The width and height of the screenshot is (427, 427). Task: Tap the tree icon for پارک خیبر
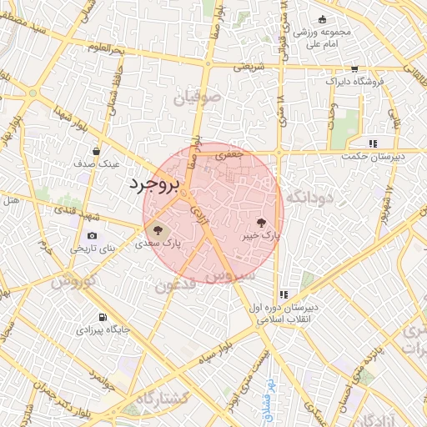click(x=262, y=223)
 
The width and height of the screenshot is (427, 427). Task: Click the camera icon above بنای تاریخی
click(x=92, y=236)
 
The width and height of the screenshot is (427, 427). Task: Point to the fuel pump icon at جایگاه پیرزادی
click(x=103, y=317)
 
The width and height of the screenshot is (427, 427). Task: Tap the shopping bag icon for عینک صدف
click(x=98, y=152)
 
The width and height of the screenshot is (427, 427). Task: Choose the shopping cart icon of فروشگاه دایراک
click(x=355, y=69)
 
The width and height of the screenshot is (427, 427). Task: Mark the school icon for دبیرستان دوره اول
click(x=284, y=294)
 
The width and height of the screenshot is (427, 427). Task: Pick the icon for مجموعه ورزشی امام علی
click(x=323, y=21)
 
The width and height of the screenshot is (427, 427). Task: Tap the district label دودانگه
click(x=309, y=198)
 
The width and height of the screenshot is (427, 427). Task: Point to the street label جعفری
click(x=228, y=154)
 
